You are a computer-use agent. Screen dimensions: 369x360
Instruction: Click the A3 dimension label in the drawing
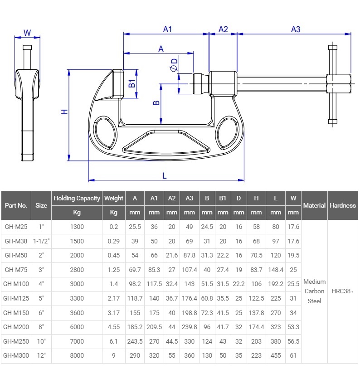(295, 29)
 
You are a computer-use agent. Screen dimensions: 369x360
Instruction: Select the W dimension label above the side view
(27, 33)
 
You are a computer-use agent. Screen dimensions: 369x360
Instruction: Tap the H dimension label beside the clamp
(65, 112)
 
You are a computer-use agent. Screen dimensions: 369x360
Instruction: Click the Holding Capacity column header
(77, 198)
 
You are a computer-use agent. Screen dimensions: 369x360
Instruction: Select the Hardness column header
(343, 205)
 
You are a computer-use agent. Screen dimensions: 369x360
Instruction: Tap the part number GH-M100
(16, 284)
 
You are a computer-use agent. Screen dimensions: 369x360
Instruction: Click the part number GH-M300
(16, 355)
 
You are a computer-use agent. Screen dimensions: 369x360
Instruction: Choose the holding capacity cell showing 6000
(77, 327)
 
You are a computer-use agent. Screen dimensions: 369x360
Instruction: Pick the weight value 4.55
(113, 327)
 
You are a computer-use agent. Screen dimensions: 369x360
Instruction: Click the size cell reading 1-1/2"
(41, 241)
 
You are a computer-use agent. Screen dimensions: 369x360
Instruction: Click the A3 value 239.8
(189, 327)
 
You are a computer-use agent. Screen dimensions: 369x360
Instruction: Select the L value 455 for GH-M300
(276, 355)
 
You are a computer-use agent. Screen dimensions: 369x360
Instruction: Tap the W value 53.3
(293, 327)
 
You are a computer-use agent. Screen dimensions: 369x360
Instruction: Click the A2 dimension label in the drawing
(223, 29)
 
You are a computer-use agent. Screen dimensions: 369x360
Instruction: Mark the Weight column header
(113, 198)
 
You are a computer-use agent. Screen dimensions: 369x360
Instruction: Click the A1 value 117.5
(154, 284)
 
